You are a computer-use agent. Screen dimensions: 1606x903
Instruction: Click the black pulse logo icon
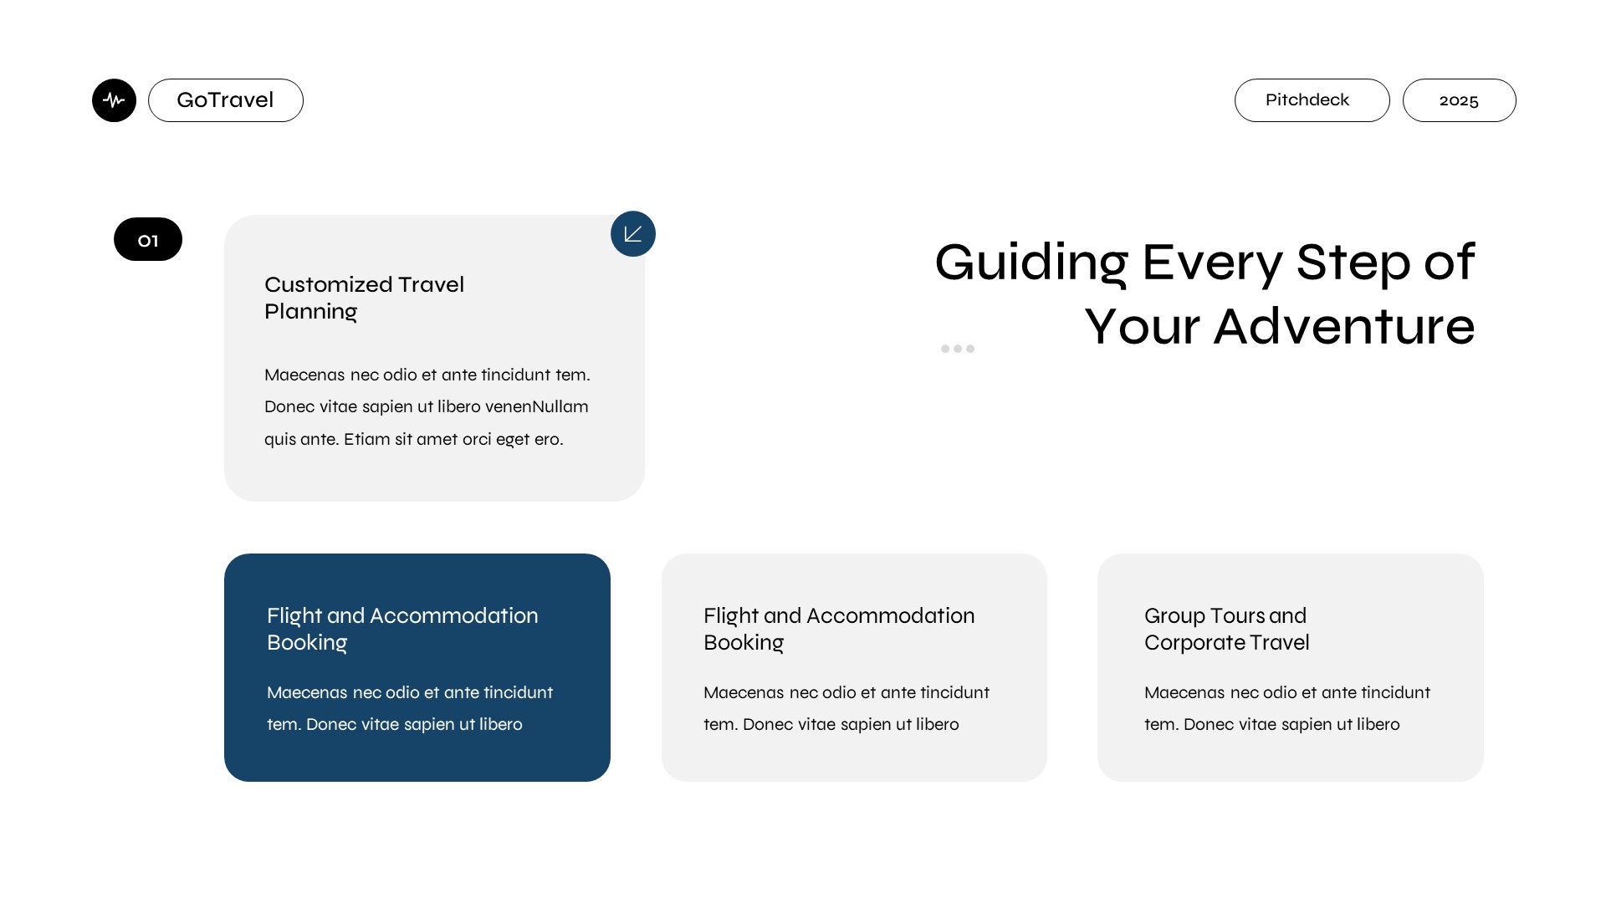coord(114,100)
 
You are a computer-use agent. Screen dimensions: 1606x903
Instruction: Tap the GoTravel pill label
coord(226,100)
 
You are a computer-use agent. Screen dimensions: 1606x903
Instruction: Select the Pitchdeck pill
coord(1312,100)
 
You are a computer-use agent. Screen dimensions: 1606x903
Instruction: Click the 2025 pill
coord(1459,100)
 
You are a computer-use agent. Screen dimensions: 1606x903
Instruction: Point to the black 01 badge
coord(148,239)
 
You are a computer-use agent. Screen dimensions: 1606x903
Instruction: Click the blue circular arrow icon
coord(633,233)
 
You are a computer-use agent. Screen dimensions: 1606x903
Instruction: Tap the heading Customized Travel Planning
coord(364,298)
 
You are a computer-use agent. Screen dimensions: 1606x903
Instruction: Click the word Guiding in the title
coord(1031,263)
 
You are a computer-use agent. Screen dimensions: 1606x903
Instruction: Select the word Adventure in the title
coord(1344,326)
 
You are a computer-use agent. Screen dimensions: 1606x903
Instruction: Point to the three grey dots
coord(958,349)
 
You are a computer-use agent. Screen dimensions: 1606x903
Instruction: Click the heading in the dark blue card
coord(402,630)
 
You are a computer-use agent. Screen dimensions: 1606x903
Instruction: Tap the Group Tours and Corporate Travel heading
coord(1226,629)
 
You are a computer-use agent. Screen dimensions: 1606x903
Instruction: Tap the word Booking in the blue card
coord(307,643)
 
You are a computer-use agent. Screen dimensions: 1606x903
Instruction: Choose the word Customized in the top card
coord(328,285)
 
